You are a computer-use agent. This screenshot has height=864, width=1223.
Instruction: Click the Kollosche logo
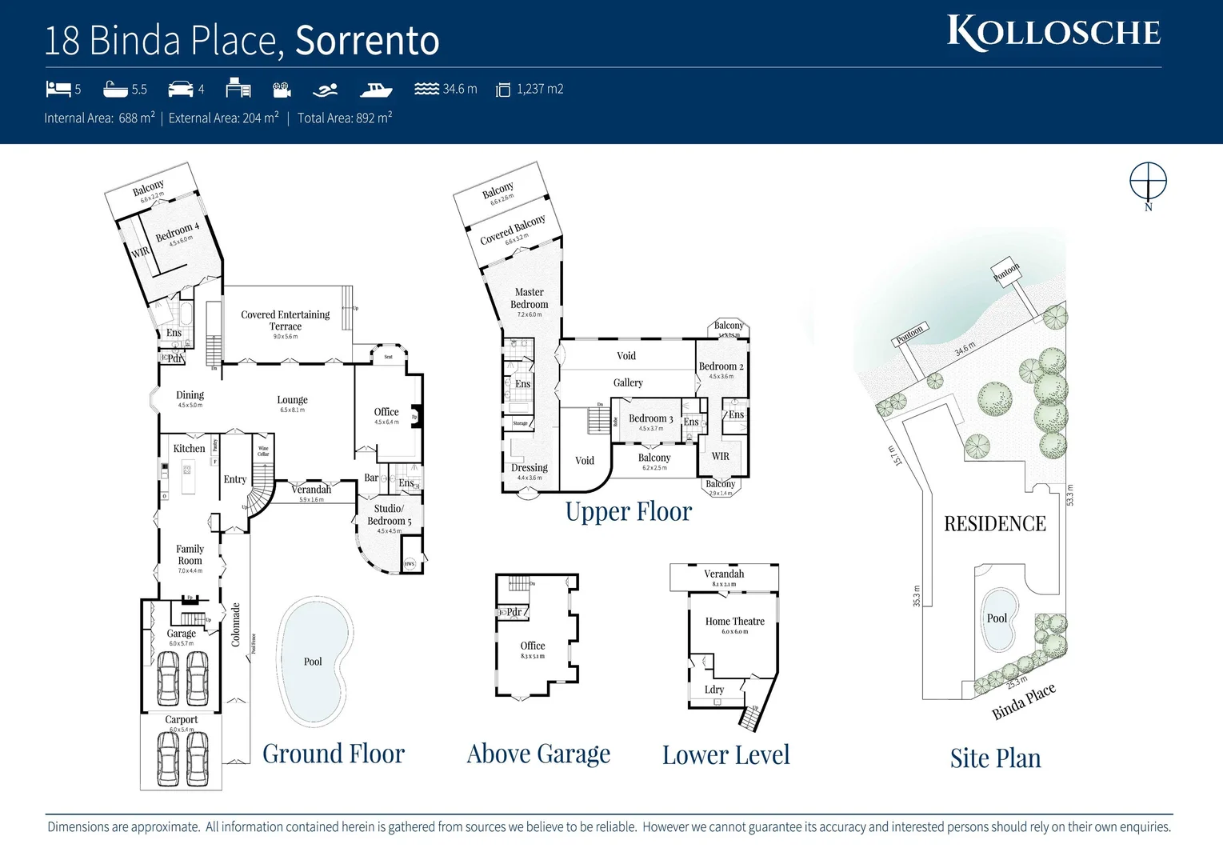(1053, 33)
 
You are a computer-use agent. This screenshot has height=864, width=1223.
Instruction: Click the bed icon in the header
(58, 89)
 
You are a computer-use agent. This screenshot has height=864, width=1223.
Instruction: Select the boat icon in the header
(375, 89)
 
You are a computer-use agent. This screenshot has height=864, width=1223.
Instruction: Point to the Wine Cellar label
(263, 451)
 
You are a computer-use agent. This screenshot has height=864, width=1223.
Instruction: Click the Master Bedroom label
(529, 298)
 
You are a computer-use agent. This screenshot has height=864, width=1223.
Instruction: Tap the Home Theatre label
(734, 622)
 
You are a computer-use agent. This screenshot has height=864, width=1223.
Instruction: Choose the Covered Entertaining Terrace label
(286, 320)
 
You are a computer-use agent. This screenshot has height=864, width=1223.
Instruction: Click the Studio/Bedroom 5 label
(389, 514)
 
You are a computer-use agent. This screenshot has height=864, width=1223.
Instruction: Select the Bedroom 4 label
(177, 231)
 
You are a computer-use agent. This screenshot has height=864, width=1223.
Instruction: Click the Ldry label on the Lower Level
(714, 690)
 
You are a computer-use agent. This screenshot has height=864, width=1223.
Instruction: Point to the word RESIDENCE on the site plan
(994, 524)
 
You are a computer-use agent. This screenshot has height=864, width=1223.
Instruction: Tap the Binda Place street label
(1024, 702)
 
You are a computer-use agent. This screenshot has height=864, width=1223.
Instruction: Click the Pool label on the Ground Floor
(313, 662)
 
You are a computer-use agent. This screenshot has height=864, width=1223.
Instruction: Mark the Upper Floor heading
(628, 512)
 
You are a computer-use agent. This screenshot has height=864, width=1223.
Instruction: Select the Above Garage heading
(538, 754)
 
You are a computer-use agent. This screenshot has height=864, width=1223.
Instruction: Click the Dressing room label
(530, 468)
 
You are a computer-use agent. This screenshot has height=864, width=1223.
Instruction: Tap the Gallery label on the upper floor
(628, 383)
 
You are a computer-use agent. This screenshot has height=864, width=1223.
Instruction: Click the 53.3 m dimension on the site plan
(1070, 494)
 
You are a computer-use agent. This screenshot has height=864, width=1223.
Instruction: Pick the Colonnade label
(236, 625)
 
